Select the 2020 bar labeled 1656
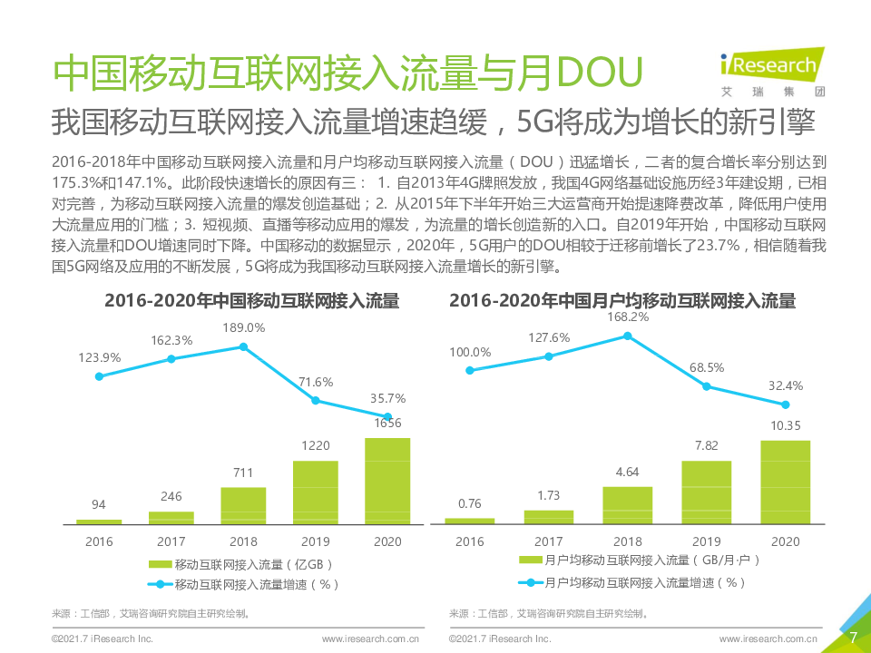coord(387,481)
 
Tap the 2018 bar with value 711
coord(243,505)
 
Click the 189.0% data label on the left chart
coord(244,327)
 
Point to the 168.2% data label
coord(628,317)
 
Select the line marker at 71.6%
coord(316,400)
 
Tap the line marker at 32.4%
coord(786,404)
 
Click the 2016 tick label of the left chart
coord(99,541)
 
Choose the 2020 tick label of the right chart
coord(785,541)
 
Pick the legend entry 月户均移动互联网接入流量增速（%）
coord(635,582)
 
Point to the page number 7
coord(852,638)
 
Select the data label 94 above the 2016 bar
coord(99,505)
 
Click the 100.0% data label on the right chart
coord(470,352)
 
